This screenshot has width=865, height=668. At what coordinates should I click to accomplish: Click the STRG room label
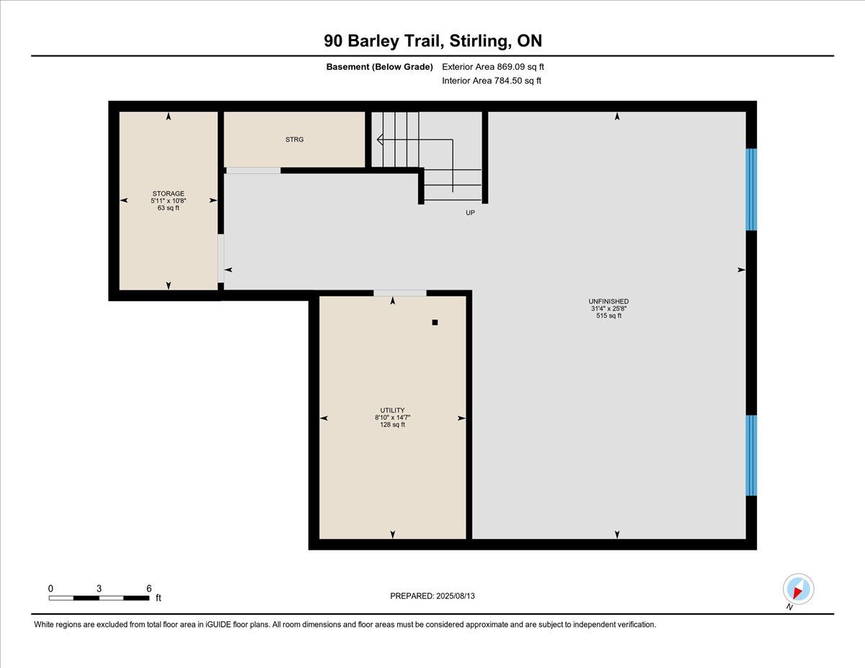(294, 140)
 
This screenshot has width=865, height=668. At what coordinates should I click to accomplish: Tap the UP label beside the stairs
(470, 213)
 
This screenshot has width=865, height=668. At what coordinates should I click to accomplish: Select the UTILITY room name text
(392, 410)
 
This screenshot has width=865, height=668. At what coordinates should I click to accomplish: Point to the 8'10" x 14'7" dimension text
(392, 417)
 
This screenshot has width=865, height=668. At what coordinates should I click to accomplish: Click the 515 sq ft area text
(608, 316)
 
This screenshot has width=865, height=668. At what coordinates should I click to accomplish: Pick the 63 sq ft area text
(169, 208)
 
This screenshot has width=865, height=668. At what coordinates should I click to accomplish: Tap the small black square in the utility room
(435, 323)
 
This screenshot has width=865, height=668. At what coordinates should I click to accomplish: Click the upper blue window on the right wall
(751, 190)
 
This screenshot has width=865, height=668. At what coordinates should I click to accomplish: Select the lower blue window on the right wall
(751, 455)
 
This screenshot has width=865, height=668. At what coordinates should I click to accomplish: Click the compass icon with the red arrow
(798, 589)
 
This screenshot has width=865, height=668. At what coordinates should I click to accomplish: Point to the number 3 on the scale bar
(99, 589)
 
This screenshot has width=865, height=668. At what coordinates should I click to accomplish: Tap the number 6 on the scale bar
(149, 589)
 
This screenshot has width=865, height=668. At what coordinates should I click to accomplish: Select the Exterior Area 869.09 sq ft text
(493, 67)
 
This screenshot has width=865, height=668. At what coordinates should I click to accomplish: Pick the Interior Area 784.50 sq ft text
(492, 81)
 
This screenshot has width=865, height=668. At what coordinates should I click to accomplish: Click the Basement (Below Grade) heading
(379, 67)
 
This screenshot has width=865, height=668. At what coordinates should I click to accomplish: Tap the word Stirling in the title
(481, 41)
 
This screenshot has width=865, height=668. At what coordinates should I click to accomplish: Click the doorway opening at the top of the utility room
(399, 293)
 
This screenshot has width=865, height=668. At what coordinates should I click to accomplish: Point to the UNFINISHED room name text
(608, 301)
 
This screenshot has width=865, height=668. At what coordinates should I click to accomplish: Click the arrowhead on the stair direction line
(380, 140)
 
